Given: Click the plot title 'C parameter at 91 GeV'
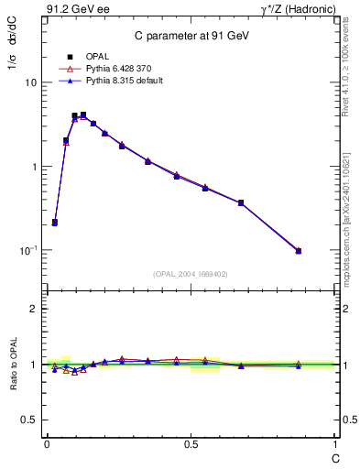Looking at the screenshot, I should click(189, 36).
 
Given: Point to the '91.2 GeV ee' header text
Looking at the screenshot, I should click(74, 10).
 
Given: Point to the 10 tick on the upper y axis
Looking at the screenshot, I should click(30, 82).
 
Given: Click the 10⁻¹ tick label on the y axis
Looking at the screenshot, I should click(28, 250).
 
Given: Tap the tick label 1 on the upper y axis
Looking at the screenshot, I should click(34, 167).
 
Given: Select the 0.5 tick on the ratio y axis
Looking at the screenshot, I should click(30, 420).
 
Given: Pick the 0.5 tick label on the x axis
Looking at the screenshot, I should click(191, 443).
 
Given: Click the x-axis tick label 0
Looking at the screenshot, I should click(47, 443).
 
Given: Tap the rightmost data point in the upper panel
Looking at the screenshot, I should click(299, 250).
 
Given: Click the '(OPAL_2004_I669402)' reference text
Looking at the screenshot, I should click(191, 273).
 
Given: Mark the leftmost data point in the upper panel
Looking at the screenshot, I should click(55, 222).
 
